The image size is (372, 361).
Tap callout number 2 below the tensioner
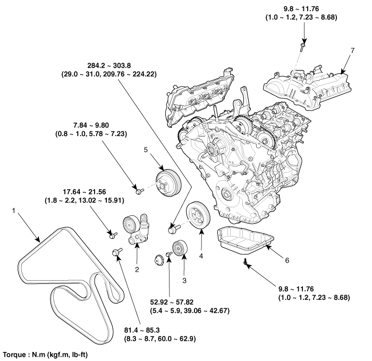click(x=137, y=270)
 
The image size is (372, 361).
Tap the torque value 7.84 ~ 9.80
click(x=93, y=125)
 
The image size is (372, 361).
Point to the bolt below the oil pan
click(x=245, y=262)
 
